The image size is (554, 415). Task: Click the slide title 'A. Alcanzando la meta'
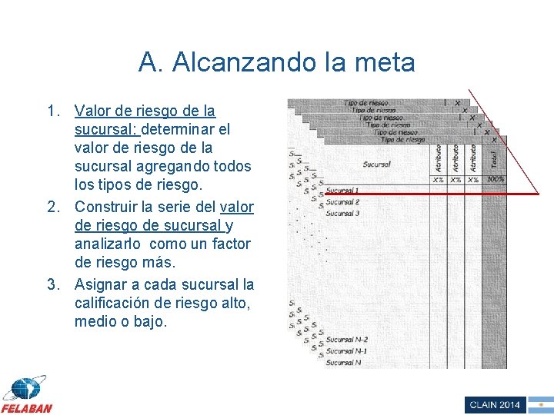(x=276, y=62)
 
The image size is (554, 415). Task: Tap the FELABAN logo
(x=26, y=394)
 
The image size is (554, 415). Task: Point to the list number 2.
(x=52, y=207)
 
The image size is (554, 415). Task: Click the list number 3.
(x=52, y=284)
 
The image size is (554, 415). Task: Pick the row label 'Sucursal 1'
(x=342, y=190)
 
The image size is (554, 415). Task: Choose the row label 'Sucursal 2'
(x=342, y=201)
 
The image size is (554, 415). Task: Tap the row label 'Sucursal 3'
(x=342, y=213)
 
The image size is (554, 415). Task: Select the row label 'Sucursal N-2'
(x=346, y=339)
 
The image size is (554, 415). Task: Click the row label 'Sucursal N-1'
(x=346, y=350)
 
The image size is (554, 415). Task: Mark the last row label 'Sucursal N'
(x=343, y=362)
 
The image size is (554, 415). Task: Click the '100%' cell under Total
(x=496, y=179)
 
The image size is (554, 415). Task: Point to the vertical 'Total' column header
(x=494, y=158)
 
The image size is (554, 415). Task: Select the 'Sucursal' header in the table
(x=377, y=164)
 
